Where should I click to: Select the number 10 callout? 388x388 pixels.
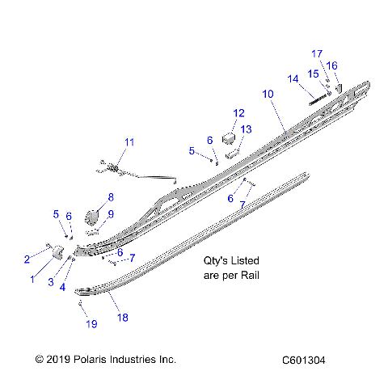[x=268, y=95]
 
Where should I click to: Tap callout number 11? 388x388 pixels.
[x=129, y=143]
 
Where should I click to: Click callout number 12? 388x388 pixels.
[x=238, y=113]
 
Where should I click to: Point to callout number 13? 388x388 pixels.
[x=246, y=129]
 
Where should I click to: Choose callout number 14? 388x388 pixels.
[x=293, y=78]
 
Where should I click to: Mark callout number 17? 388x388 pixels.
[x=317, y=53]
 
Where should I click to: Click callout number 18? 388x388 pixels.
[x=124, y=318]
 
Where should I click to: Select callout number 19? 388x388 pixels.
[x=91, y=324]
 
